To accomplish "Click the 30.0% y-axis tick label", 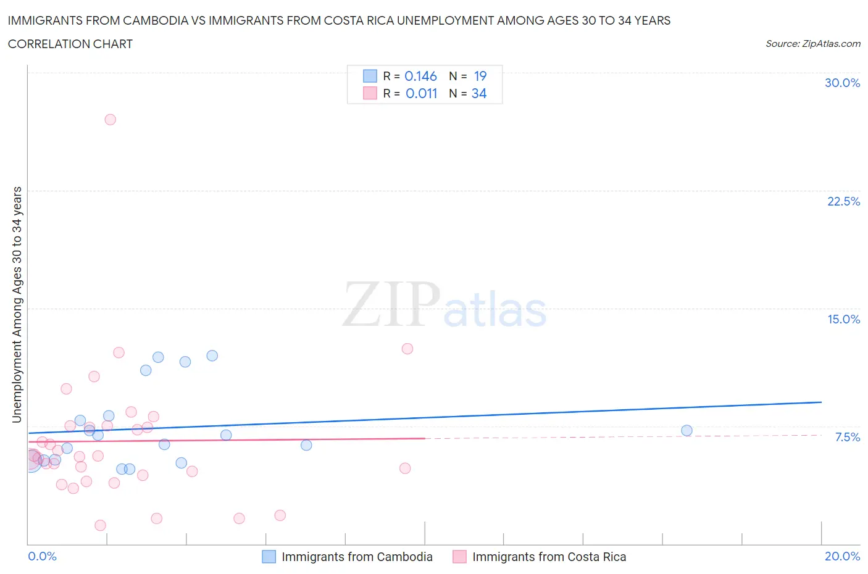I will (842, 83).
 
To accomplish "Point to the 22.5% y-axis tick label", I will (843, 201).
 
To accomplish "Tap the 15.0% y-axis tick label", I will (843, 319).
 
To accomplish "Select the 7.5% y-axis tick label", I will (847, 437).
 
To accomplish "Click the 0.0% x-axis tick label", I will (42, 556).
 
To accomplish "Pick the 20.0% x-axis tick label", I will (842, 556).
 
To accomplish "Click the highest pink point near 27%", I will (110, 120).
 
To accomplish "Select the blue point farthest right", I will (686, 431).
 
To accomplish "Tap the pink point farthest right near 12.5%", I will (407, 349).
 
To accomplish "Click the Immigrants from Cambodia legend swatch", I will (269, 557).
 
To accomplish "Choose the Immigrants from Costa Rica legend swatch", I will (459, 557).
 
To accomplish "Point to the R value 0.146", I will (420, 76).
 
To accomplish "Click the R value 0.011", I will (421, 93).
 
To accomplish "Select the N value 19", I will (480, 76).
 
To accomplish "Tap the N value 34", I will (479, 93).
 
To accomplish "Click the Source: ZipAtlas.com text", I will (812, 43).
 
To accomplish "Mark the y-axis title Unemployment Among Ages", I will (17, 304).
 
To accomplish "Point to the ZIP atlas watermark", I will (444, 304).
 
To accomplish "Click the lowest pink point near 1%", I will (100, 525).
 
